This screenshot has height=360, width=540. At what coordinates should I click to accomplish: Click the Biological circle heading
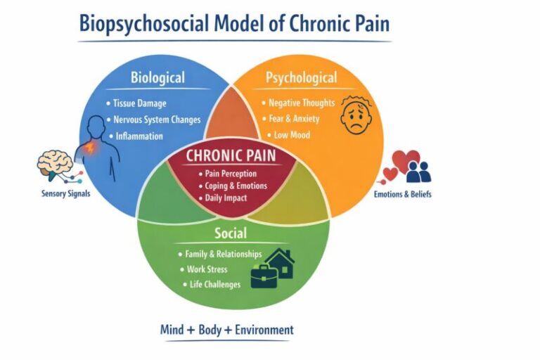coord(157,77)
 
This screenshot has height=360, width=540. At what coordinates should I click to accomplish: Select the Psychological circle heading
coord(301,77)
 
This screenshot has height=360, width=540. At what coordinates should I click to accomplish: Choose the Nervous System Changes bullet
coord(157,120)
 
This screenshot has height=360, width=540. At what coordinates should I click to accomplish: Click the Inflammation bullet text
coord(139,136)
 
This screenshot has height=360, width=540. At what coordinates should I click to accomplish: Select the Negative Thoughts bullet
coord(302,103)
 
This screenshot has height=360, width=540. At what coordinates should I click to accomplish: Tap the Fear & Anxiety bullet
coord(294,119)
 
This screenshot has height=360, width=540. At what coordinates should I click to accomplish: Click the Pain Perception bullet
coord(231,174)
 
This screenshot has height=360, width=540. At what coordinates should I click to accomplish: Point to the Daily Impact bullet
coord(226,198)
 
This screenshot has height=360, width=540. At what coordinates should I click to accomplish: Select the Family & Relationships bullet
coord(223,254)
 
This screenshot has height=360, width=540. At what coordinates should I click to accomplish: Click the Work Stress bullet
coord(207,269)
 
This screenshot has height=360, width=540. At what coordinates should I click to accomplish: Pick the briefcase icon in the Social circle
coord(264,276)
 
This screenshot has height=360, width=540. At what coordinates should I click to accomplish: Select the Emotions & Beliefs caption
coord(403,194)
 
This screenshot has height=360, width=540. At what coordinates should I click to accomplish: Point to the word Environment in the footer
coord(264,330)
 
